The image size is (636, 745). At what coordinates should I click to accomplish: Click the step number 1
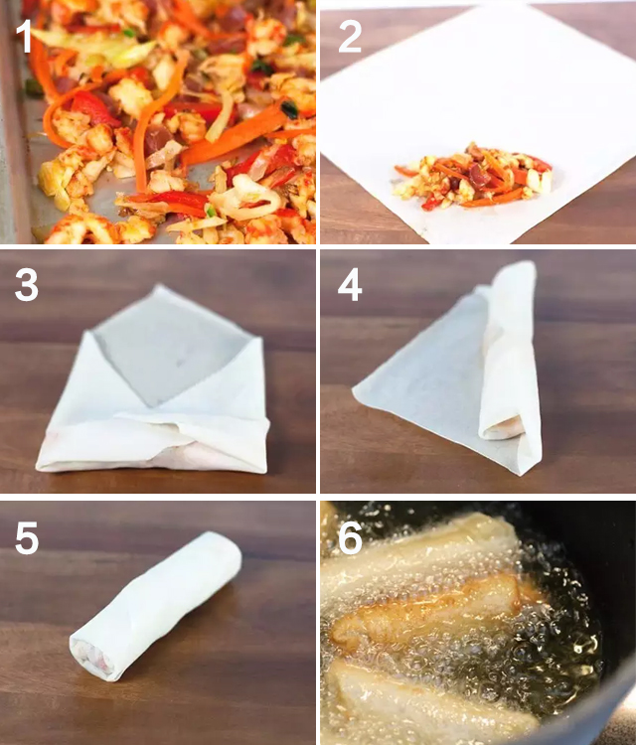(x=24, y=36)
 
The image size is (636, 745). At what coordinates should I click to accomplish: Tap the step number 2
(x=350, y=36)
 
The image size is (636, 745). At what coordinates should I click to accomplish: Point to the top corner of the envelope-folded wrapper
(x=161, y=286)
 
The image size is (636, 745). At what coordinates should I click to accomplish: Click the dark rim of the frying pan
(x=613, y=666)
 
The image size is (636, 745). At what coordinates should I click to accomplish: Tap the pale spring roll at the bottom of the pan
(x=427, y=703)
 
